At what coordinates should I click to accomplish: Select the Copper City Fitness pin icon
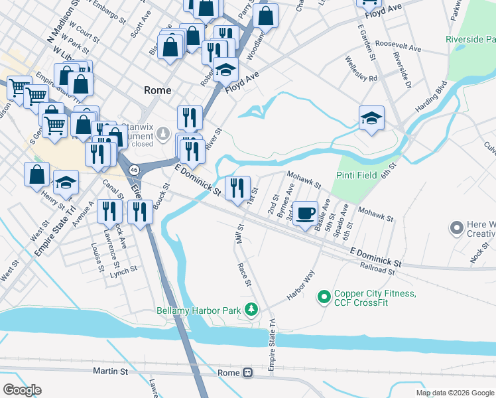pos(324,297)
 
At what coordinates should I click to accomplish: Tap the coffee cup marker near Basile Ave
pos(305,214)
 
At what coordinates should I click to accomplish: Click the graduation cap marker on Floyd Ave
pos(226,70)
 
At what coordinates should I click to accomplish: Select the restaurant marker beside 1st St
pos(237,188)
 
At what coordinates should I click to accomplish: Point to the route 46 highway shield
pos(135,170)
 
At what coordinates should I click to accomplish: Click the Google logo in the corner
pos(22,390)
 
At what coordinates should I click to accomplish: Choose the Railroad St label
pos(378,268)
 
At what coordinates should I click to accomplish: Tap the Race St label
pos(245,274)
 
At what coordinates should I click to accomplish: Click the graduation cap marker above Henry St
pos(66,182)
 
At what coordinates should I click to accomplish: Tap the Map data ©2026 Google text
pos(455,393)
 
